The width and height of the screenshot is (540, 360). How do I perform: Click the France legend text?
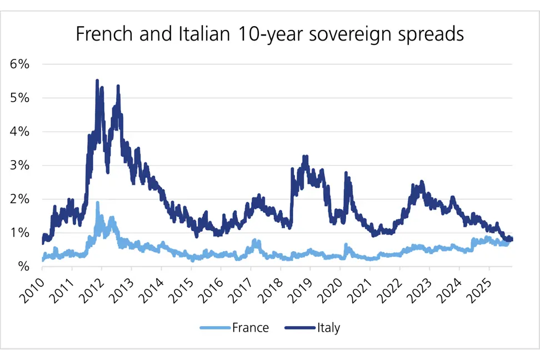point(250,328)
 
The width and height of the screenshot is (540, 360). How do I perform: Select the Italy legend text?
point(328,328)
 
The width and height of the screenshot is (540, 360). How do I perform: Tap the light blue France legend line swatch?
point(214,328)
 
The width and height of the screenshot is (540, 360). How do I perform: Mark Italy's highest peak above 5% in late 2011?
point(97,81)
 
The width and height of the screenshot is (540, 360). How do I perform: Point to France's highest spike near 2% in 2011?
point(98,203)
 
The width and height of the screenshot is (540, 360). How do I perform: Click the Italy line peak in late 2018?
point(304,157)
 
